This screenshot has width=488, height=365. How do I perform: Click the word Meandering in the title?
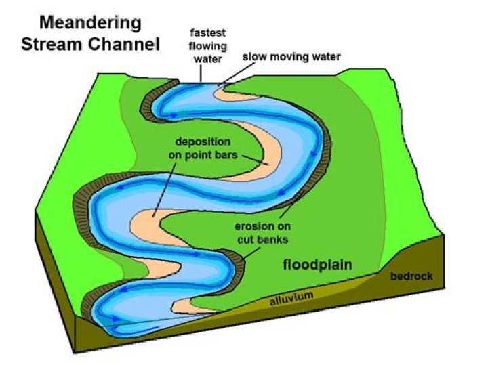pyautogui.click(x=89, y=22)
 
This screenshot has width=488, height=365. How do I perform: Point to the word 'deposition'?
pyautogui.click(x=203, y=143)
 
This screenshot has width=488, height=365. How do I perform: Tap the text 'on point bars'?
pyautogui.click(x=203, y=155)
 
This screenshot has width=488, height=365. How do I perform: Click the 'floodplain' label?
pyautogui.click(x=317, y=265)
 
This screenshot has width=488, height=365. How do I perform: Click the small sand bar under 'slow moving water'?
pyautogui.click(x=226, y=91)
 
